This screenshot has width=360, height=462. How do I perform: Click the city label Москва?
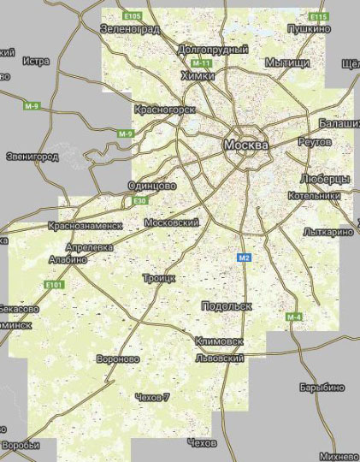click(245, 145)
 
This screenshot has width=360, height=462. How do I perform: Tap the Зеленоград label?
click(130, 28)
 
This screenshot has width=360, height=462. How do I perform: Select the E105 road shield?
click(131, 16)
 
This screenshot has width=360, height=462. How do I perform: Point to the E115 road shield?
click(318, 16)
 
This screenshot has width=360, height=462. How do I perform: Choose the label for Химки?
click(198, 76)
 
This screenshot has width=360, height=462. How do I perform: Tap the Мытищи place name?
click(286, 62)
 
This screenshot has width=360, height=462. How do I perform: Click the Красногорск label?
click(165, 110)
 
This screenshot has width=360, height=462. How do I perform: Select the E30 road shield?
click(140, 200)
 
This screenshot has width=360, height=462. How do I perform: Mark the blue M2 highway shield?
click(244, 257)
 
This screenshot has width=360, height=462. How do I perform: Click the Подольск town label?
click(226, 305)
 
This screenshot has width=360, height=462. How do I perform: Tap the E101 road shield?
click(54, 284)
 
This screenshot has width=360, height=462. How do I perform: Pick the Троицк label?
click(158, 278)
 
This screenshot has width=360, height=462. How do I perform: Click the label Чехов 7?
click(152, 397)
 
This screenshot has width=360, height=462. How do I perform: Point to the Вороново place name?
click(118, 359)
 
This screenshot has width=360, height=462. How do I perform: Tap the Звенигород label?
click(32, 157)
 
